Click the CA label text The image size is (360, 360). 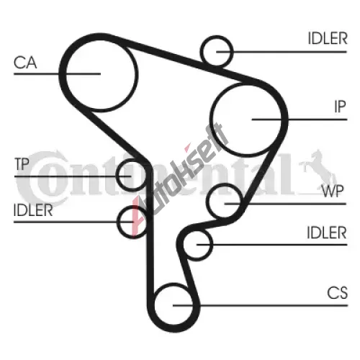click(25, 63)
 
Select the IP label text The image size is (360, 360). click(340, 107)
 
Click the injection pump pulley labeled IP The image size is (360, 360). click(281, 120)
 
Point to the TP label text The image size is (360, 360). click(22, 164)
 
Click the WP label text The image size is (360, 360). click(333, 192)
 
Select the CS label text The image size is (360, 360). click(337, 293)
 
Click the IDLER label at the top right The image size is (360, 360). click(328, 38)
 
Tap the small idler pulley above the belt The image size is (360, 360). click(232, 51)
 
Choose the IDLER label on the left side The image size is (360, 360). click(33, 210)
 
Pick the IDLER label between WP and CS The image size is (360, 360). click(327, 233)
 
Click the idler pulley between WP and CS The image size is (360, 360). click(212, 245)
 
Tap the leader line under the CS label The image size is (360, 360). click(260, 305)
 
